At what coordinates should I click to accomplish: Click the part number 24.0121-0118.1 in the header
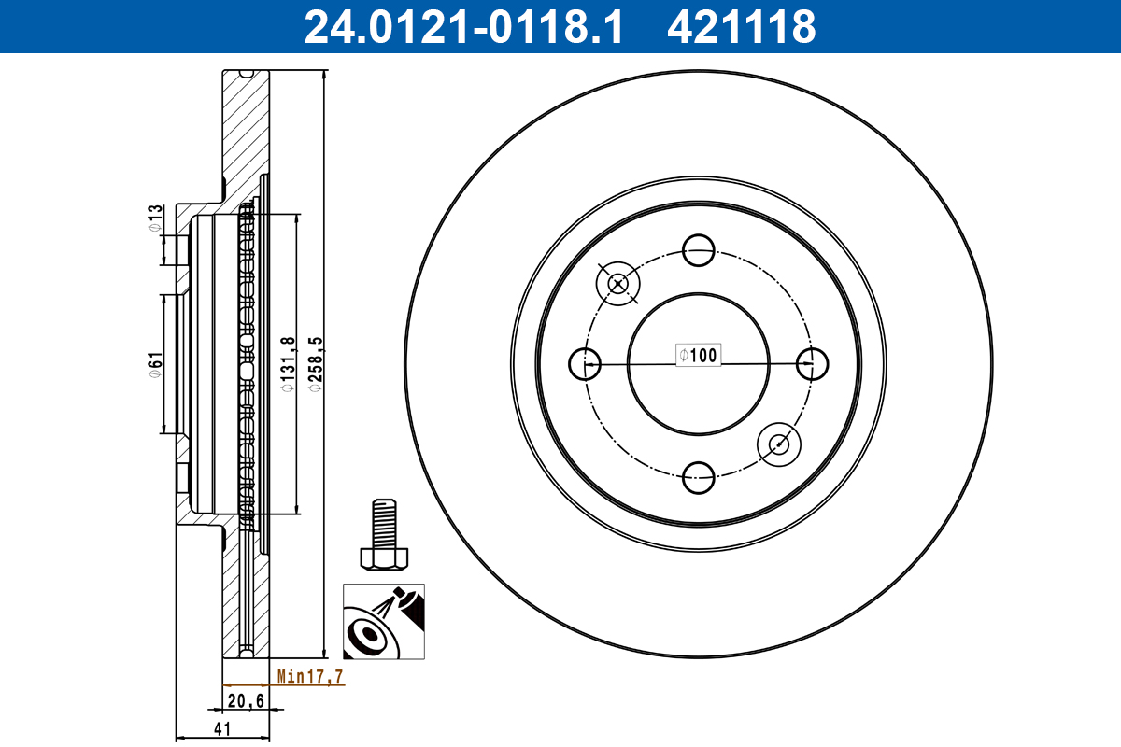464,27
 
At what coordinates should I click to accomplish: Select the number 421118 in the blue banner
742,27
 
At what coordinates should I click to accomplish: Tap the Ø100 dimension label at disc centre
698,355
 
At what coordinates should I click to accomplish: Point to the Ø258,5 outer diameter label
316,365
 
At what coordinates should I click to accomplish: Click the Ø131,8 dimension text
289,365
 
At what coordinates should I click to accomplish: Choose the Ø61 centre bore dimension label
155,365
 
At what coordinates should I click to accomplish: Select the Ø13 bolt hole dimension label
155,218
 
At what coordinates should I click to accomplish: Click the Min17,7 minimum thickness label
310,676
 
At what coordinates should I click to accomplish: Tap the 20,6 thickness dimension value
246,701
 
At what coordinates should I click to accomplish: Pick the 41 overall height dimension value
222,729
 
